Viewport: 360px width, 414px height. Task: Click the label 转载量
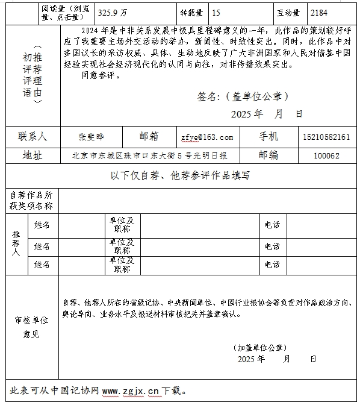(191, 12)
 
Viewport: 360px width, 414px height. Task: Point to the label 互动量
(289, 12)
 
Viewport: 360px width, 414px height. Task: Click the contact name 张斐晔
(92, 137)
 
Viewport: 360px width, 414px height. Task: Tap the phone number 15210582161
(327, 137)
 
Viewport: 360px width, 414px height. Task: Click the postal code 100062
(326, 155)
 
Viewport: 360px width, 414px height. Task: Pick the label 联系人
(33, 137)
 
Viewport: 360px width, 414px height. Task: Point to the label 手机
(268, 137)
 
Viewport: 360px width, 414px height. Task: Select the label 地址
(33, 155)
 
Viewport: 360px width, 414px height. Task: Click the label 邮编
(268, 155)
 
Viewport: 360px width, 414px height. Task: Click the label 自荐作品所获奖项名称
(32, 201)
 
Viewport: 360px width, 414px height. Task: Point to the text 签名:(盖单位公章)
(243, 96)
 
